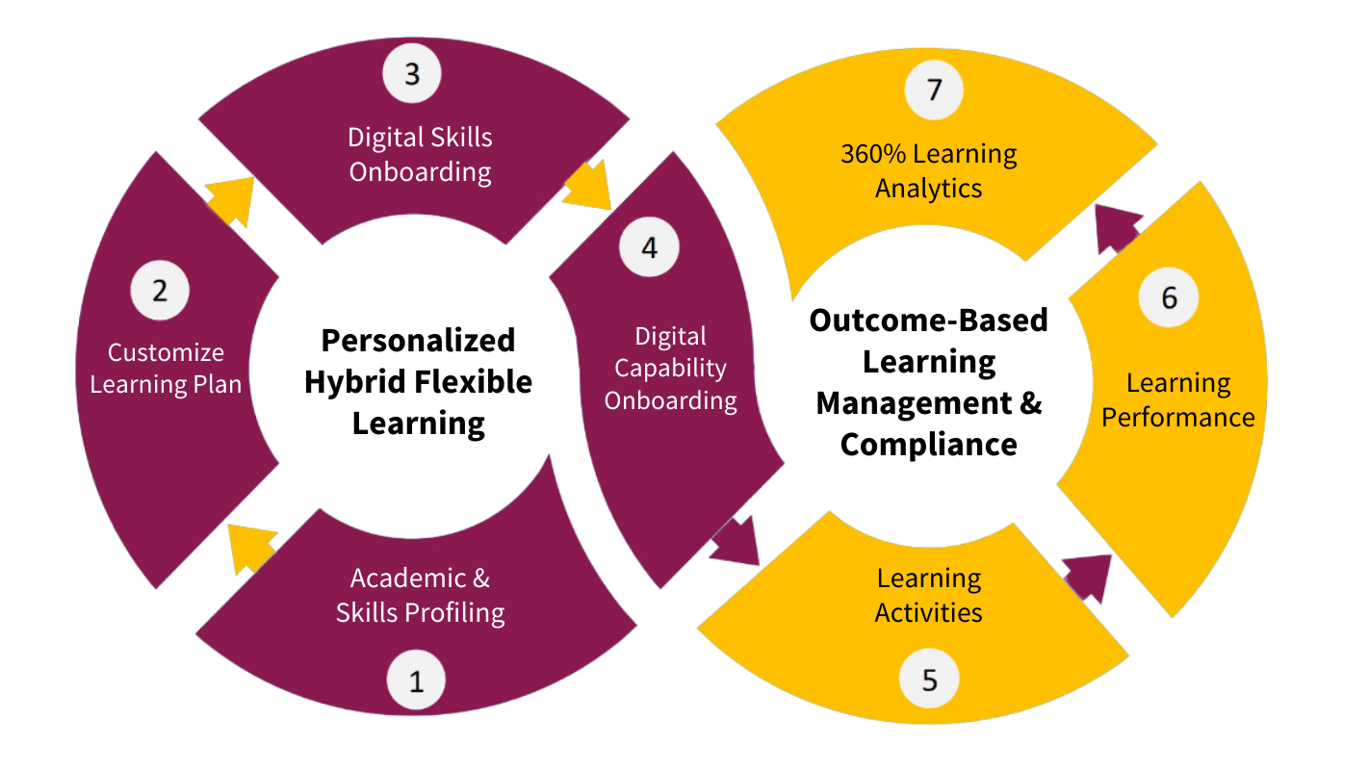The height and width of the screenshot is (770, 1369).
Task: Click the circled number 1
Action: pyautogui.click(x=416, y=681)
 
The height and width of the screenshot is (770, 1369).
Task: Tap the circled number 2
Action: pyautogui.click(x=160, y=291)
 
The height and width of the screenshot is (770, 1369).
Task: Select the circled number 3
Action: pyautogui.click(x=412, y=74)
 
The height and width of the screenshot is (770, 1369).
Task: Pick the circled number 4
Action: pyautogui.click(x=649, y=247)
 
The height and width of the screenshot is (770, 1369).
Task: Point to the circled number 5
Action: pyautogui.click(x=929, y=680)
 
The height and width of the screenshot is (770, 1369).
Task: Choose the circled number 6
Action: pyautogui.click(x=1169, y=297)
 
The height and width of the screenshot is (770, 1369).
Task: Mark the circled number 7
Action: pyautogui.click(x=934, y=90)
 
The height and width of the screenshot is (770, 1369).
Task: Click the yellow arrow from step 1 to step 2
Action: pyautogui.click(x=249, y=548)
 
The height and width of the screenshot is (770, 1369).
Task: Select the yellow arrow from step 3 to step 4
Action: pyautogui.click(x=590, y=186)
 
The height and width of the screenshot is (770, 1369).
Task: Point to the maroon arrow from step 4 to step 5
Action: pyautogui.click(x=736, y=543)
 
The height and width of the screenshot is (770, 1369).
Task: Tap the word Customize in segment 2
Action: pyautogui.click(x=166, y=352)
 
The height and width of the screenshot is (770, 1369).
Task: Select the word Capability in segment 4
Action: pyautogui.click(x=671, y=369)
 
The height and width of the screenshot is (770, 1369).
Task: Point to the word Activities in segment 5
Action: pyautogui.click(x=928, y=613)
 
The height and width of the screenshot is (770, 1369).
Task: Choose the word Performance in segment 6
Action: pyautogui.click(x=1178, y=418)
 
